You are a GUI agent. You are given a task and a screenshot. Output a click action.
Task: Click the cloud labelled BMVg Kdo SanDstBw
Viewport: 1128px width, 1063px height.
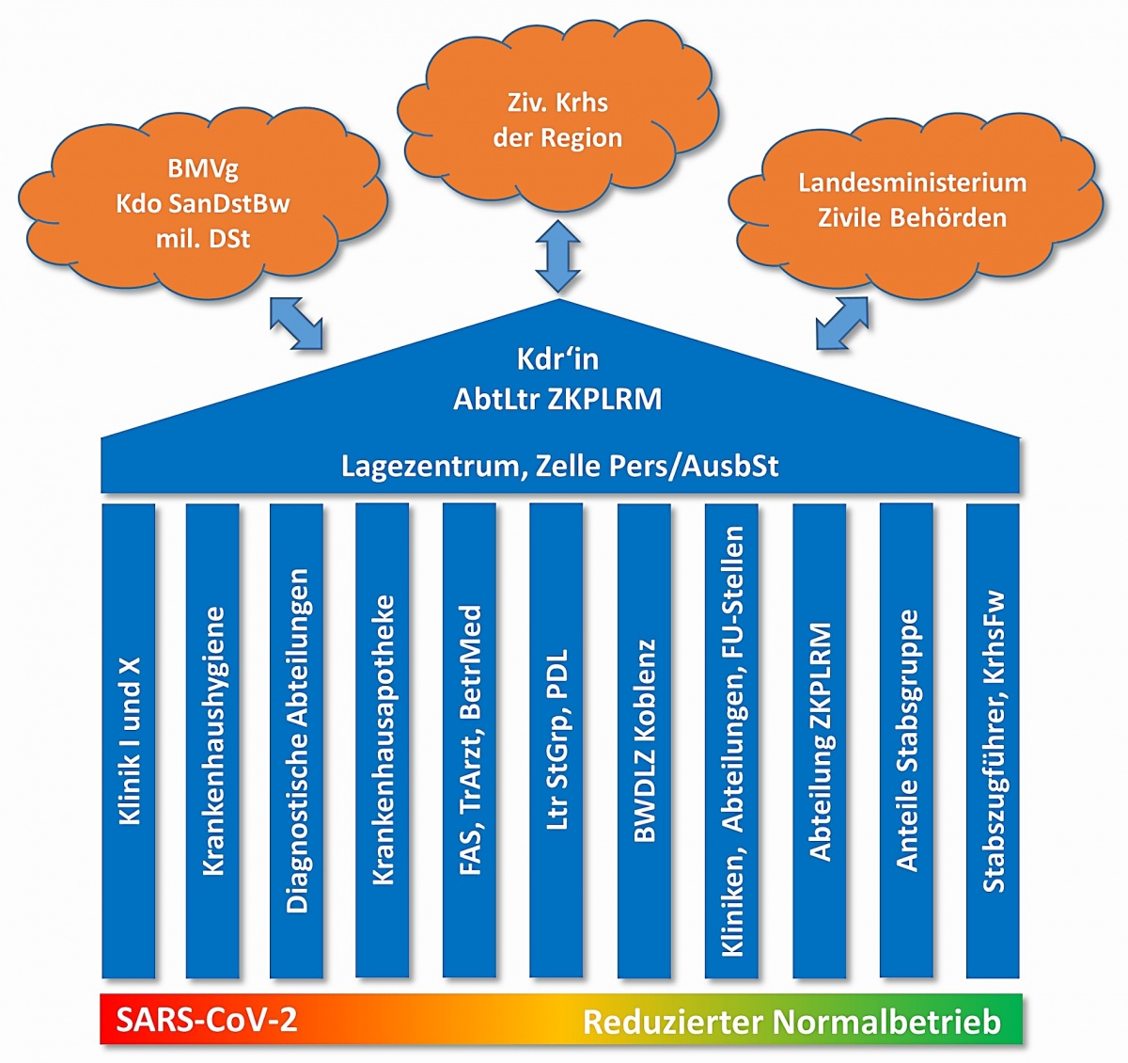(202, 204)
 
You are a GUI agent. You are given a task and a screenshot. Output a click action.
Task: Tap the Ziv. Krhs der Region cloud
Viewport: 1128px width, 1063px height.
(557, 120)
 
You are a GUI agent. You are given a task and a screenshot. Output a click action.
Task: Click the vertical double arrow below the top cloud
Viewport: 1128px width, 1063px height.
(557, 254)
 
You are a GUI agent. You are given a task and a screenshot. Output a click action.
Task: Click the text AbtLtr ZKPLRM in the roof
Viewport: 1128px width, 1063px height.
(557, 399)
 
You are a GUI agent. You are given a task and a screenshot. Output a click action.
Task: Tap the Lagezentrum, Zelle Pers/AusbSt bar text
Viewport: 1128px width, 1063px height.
(559, 466)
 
